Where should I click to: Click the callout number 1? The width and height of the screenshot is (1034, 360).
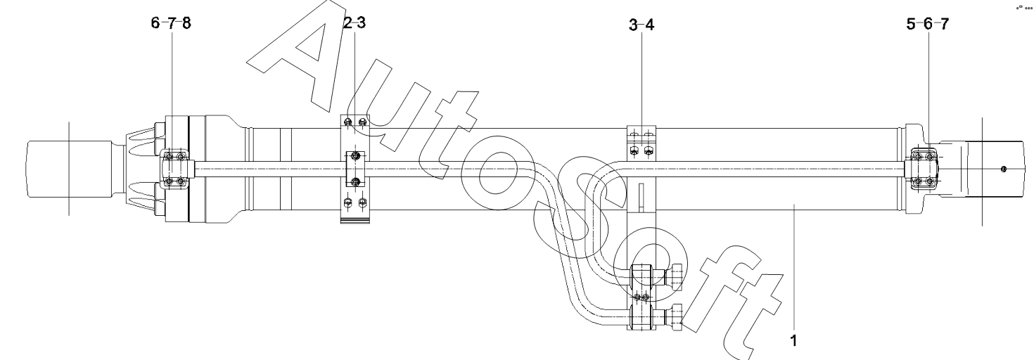793,341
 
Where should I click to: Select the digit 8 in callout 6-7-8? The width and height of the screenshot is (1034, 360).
186,23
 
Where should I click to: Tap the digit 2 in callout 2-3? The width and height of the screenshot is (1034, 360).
347,22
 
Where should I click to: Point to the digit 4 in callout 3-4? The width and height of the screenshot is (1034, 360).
649,25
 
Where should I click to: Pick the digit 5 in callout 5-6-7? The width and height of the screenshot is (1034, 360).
911,23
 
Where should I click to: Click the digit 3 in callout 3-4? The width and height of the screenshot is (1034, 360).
633,25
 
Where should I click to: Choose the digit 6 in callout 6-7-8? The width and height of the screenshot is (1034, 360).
155,23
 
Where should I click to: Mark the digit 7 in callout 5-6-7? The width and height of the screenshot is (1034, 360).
944,23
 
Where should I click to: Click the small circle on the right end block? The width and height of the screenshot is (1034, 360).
1004,169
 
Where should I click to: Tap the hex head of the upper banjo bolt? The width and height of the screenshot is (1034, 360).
675,277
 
